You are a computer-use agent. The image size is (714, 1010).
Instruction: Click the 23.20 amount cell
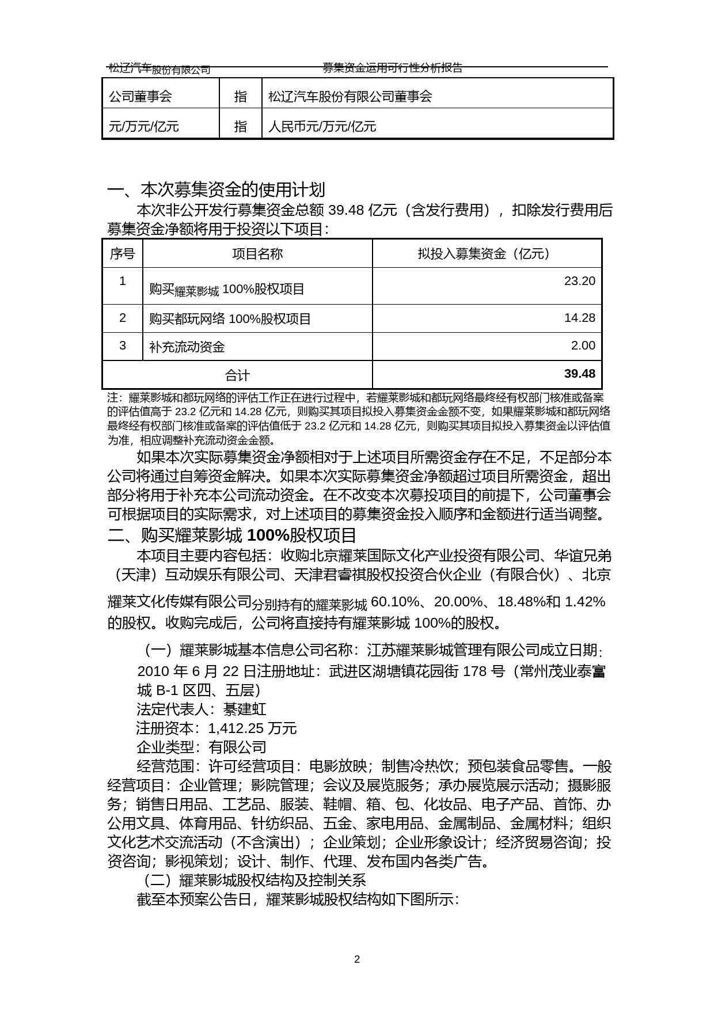[x=579, y=281]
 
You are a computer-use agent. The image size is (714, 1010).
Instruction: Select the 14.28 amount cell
[x=579, y=318]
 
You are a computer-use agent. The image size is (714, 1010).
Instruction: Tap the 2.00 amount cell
[x=583, y=345]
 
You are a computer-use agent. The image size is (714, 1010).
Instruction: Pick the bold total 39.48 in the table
[x=579, y=374]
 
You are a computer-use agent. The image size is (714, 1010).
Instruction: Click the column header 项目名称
[x=257, y=254]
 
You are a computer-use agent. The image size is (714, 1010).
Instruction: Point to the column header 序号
[x=122, y=254]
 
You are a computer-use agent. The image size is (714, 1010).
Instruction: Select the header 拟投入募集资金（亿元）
[x=487, y=254]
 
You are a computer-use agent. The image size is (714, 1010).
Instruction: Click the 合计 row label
[x=237, y=375]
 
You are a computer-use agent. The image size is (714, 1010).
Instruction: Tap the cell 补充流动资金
[x=187, y=347]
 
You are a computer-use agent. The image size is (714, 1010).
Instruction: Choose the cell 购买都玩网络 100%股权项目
[x=230, y=319]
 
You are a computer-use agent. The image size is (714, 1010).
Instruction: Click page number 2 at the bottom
[x=357, y=959]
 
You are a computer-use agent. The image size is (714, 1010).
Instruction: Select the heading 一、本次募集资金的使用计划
[x=217, y=189]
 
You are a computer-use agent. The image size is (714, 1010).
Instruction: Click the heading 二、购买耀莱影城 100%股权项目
[x=232, y=536]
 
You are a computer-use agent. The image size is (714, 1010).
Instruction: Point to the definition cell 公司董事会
[x=140, y=96]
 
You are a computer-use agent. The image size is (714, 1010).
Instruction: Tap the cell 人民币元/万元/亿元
[x=322, y=126]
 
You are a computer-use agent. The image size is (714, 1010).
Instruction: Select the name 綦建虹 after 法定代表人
[x=245, y=709]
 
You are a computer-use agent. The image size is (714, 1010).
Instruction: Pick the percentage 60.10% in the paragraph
[x=395, y=602]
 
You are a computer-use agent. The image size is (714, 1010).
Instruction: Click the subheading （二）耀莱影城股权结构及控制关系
[x=254, y=880]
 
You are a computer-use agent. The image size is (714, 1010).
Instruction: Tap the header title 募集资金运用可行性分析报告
[x=392, y=68]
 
